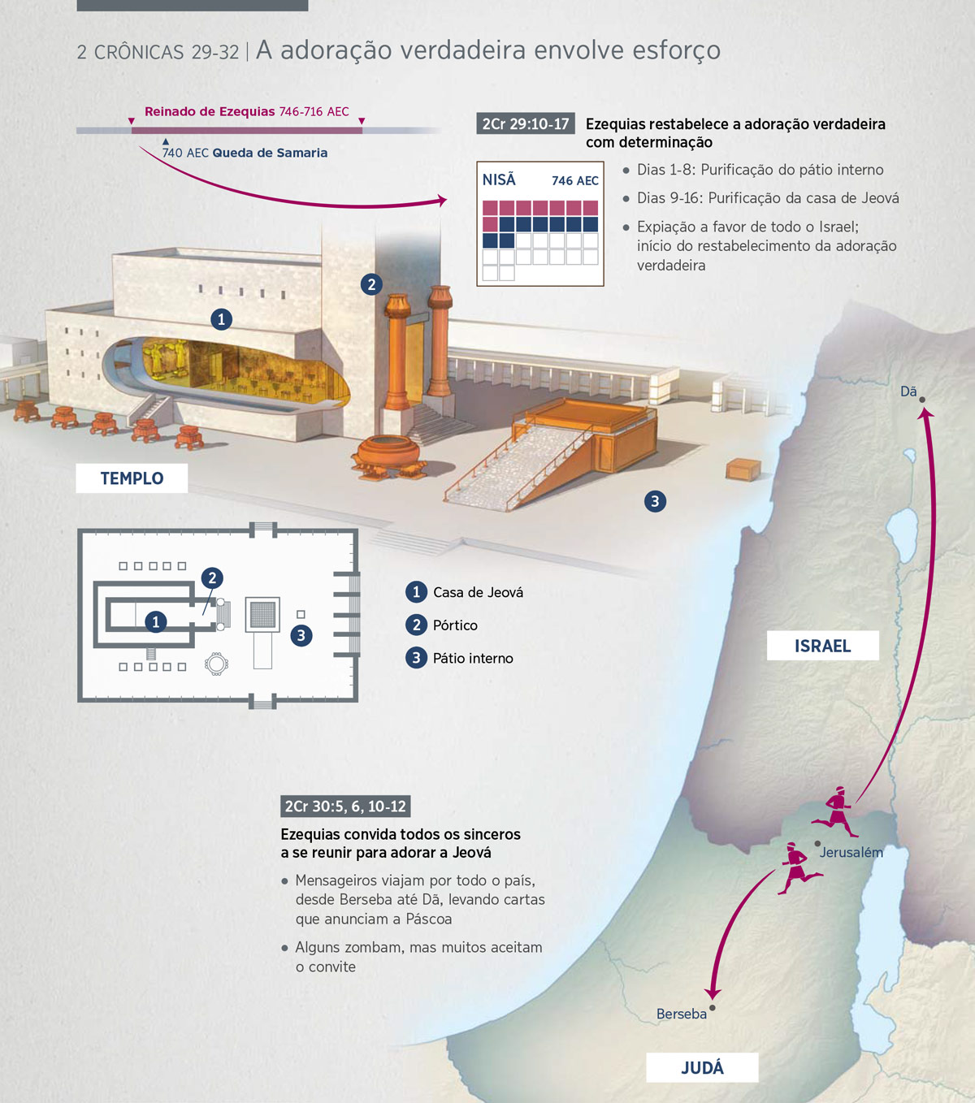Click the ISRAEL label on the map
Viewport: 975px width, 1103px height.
click(822, 646)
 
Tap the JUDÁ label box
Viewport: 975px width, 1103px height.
click(702, 1067)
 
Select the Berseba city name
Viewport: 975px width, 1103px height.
click(682, 1014)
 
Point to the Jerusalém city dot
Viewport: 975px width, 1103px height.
click(817, 844)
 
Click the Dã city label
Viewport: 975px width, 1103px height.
click(908, 391)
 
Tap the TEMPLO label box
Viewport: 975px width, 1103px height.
click(132, 478)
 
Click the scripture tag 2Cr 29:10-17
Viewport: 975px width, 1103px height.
click(526, 124)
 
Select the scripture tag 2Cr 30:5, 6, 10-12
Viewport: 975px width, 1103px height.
click(345, 807)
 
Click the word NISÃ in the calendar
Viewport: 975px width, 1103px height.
click(499, 180)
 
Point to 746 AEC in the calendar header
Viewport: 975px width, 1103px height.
click(574, 181)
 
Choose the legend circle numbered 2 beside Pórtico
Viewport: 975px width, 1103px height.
click(416, 625)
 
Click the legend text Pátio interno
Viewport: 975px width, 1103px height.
click(473, 658)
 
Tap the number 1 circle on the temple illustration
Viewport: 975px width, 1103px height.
click(221, 319)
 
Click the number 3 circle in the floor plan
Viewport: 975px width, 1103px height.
click(301, 635)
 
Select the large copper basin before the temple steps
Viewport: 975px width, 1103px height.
click(388, 456)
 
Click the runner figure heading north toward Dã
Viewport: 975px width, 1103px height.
click(835, 811)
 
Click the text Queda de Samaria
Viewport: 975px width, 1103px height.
click(270, 153)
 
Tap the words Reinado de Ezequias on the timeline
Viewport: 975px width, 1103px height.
click(210, 111)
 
